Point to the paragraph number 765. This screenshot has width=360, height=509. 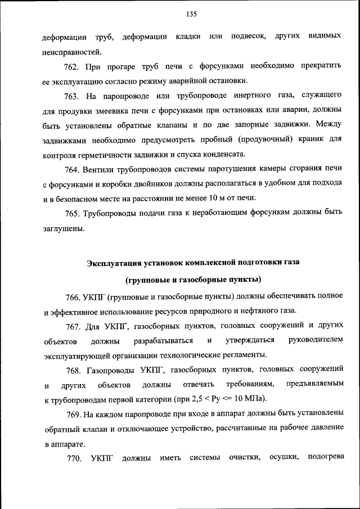(x=72, y=212)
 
